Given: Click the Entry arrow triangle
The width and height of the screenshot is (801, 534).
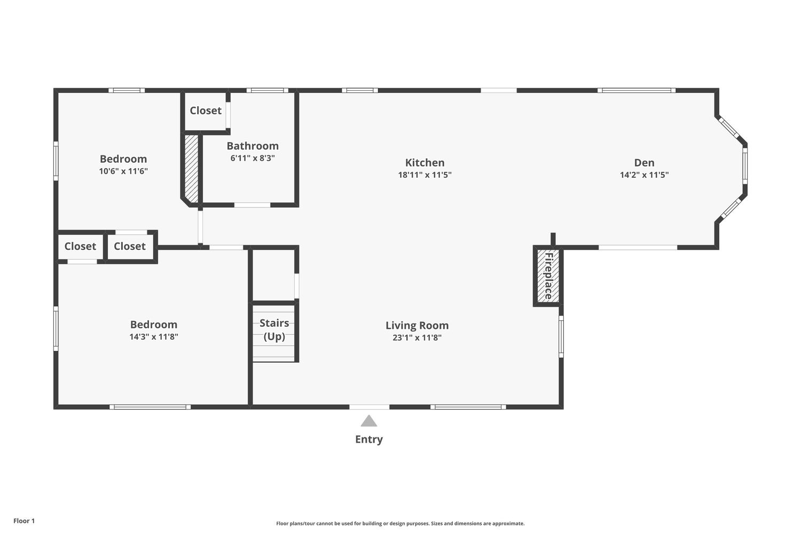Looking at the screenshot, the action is tap(368, 421).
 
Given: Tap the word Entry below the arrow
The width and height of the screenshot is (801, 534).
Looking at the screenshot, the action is tap(368, 439).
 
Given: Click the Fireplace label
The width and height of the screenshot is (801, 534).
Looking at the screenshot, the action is tap(548, 276).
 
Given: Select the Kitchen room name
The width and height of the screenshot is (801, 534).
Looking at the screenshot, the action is tap(425, 163).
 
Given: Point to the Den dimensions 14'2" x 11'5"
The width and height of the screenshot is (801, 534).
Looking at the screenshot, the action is tap(644, 175).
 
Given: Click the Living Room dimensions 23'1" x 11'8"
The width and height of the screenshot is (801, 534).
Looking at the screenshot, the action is tap(417, 337).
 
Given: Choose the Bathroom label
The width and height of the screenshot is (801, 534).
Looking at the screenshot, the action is tap(253, 146).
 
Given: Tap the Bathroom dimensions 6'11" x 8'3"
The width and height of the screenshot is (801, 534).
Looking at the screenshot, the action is tap(253, 158).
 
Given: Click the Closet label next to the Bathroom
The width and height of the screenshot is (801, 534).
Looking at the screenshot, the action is tap(206, 111).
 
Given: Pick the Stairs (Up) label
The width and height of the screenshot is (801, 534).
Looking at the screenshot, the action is tap(274, 330).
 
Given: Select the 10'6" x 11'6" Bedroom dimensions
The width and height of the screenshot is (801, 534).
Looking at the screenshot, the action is tap(123, 171).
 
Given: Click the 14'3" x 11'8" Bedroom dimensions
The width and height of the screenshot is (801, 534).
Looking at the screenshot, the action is tap(154, 337).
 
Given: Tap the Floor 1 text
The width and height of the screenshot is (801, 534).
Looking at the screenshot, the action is tap(24, 521).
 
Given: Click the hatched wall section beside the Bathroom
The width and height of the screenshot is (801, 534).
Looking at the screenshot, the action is tap(191, 168).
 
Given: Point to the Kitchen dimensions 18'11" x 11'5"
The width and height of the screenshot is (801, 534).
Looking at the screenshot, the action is tap(425, 175).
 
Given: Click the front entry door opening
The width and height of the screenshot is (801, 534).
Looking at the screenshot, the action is tap(369, 407).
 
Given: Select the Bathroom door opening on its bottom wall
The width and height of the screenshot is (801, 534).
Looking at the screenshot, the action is tap(252, 205).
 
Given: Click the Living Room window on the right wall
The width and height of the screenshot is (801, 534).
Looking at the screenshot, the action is tap(561, 336).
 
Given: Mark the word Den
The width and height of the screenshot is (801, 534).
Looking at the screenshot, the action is tap(645, 163).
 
